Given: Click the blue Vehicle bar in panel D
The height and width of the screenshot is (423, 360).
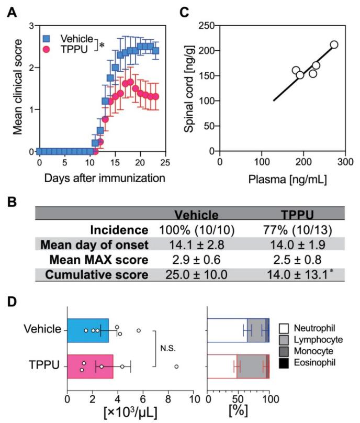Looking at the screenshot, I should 87,330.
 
